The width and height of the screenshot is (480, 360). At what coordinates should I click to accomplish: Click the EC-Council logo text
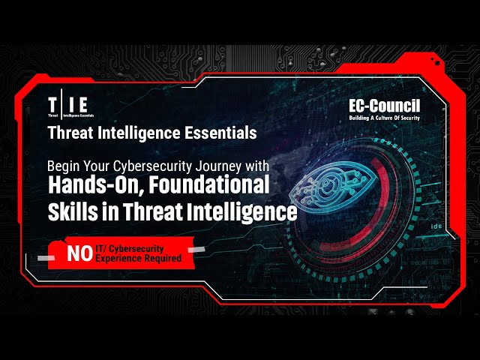385,106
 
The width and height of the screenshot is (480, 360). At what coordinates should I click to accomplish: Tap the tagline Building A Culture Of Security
385,118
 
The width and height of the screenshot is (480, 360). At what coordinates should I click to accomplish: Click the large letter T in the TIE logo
52,105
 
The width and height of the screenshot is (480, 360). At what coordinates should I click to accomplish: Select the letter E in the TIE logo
82,105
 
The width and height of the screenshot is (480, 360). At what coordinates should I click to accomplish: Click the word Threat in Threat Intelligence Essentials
70,133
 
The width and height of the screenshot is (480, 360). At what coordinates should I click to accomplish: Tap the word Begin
63,166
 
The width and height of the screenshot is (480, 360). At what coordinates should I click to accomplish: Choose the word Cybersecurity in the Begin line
152,166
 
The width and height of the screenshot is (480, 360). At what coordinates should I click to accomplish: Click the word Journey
218,166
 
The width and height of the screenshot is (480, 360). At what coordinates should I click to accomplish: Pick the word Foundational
209,184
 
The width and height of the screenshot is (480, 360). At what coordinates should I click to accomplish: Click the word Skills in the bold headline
73,211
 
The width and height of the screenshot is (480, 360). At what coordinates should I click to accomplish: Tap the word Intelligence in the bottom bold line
241,211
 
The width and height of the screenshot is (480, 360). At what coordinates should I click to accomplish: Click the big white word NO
79,253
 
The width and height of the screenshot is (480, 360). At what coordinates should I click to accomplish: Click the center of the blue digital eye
327,184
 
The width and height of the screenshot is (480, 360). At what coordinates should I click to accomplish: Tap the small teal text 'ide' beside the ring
436,226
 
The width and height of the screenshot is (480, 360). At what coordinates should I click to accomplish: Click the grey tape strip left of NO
46,258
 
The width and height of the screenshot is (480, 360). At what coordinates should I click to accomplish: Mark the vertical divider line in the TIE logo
61,103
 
